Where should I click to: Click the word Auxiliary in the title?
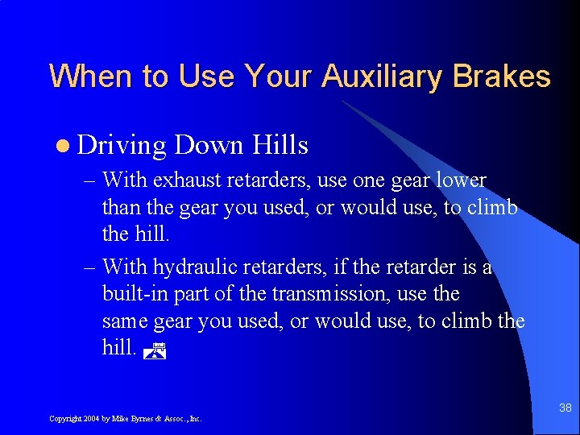click(383, 77)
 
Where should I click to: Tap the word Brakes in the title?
click(501, 77)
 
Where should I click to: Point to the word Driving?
click(122, 146)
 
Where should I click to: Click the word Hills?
click(280, 145)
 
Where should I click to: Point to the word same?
click(124, 321)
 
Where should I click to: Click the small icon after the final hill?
click(159, 350)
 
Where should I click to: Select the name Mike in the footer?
click(119, 419)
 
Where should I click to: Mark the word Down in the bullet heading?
click(208, 145)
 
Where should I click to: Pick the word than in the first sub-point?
click(121, 208)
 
